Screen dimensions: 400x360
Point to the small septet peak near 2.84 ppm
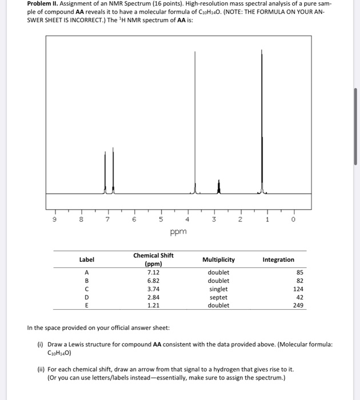pos(218,186)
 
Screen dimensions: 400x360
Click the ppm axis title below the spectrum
pos(178,233)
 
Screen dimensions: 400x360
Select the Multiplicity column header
pos(218,259)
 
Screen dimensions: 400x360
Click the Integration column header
pos(278,259)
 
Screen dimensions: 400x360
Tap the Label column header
pos(87,259)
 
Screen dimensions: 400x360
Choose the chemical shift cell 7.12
pos(153,273)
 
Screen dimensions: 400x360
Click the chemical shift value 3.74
pos(153,289)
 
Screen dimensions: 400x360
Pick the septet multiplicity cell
pos(218,297)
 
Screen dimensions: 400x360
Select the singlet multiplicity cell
pos(218,289)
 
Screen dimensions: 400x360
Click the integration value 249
pos(298,306)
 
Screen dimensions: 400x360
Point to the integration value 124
pos(298,289)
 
